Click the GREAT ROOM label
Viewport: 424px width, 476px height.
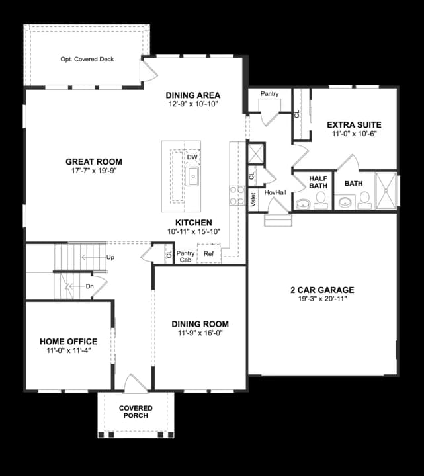(x=94, y=162)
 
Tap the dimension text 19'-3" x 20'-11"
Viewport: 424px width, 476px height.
(x=322, y=299)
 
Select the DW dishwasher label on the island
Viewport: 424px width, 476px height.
(x=192, y=157)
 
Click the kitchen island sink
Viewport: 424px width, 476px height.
(x=192, y=176)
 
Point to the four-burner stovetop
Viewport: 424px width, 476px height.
(x=237, y=196)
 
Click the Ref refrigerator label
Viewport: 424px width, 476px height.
(x=208, y=253)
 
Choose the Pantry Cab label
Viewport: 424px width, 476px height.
(x=185, y=257)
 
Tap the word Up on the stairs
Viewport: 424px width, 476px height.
(x=110, y=257)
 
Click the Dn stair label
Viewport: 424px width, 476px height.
(x=89, y=286)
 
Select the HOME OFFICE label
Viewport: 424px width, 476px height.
(x=69, y=342)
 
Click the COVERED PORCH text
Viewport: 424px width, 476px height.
(x=136, y=412)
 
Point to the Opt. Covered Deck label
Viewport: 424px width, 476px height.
(x=87, y=59)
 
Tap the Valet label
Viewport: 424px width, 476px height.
(x=253, y=200)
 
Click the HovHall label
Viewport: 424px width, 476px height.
(x=275, y=193)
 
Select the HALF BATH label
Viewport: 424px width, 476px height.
(x=318, y=182)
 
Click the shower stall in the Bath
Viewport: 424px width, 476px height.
(x=386, y=190)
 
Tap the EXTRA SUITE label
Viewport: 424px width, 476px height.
(x=354, y=125)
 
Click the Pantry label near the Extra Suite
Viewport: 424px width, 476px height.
(x=269, y=94)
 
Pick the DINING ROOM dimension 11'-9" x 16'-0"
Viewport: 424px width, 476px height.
(x=200, y=333)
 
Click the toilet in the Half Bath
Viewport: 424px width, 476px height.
(x=319, y=201)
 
